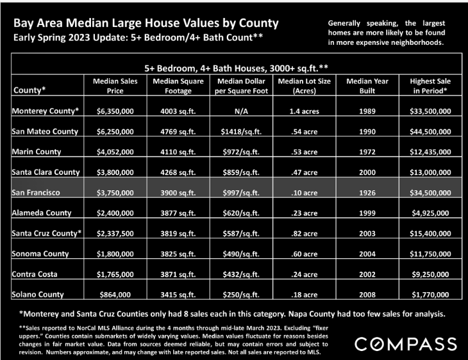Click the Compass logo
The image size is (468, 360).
(x=406, y=344)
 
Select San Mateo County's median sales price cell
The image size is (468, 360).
(x=115, y=131)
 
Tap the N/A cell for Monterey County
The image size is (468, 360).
(x=241, y=111)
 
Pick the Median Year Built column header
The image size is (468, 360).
(x=367, y=86)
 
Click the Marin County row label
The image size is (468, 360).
(x=37, y=152)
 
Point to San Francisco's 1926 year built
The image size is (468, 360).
(x=367, y=193)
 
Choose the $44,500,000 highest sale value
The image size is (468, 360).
(x=430, y=131)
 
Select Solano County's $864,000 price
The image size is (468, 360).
(x=115, y=295)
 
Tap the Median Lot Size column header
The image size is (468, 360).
(x=304, y=86)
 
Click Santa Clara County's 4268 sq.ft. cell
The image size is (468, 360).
(x=178, y=172)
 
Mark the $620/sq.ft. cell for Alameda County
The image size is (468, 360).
(x=241, y=213)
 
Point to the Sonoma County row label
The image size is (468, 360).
(x=40, y=254)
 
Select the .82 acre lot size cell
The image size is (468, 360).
(x=304, y=234)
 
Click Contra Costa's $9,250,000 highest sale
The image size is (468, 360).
(x=430, y=274)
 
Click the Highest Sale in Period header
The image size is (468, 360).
(x=430, y=86)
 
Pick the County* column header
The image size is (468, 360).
(x=29, y=90)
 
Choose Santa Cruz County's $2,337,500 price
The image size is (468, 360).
(x=115, y=234)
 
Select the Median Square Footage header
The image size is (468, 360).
(x=178, y=86)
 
